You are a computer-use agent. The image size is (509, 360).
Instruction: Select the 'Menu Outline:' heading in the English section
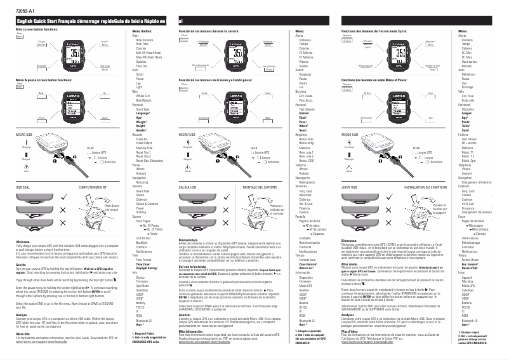click(x=142, y=30)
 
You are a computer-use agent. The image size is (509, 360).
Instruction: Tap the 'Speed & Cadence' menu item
click(x=146, y=204)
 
